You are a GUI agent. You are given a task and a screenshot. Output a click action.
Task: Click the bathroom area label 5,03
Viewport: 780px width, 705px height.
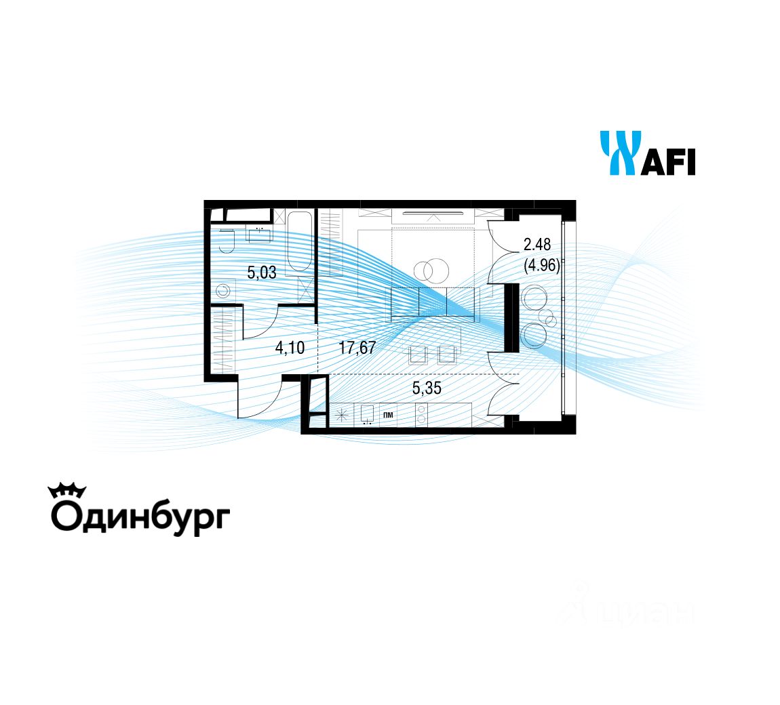(262, 273)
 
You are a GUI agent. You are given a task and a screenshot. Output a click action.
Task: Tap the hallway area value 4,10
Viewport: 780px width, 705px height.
(290, 348)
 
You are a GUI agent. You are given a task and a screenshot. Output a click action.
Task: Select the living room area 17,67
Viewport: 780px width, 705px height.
(357, 348)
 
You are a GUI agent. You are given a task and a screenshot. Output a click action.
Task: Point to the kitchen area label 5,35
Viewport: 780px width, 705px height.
(427, 388)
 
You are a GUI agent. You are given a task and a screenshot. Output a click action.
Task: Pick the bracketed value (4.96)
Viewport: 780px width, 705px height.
(541, 265)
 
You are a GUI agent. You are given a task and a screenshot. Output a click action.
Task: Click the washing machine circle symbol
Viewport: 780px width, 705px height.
(222, 292)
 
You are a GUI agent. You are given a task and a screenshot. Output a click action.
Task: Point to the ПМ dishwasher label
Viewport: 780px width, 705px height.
(389, 414)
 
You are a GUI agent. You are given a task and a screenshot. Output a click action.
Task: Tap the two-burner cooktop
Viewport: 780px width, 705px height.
(421, 415)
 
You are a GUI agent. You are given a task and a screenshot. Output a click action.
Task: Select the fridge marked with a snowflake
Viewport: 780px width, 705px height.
(343, 415)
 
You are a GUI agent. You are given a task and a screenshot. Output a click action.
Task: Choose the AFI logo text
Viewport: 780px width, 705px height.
(668, 163)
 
